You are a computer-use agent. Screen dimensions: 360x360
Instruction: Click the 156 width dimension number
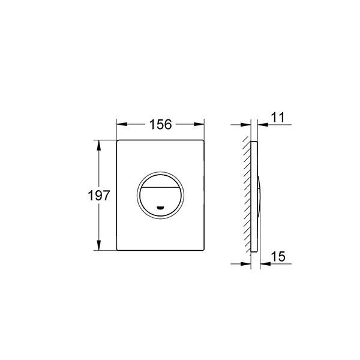tap(160, 124)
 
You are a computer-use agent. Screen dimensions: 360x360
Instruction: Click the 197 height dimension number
tap(99, 196)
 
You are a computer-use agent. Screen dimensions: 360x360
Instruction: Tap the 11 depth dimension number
tap(278, 117)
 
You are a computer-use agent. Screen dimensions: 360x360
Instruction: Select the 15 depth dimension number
tap(278, 256)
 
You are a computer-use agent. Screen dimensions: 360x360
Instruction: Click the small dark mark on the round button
tap(160, 208)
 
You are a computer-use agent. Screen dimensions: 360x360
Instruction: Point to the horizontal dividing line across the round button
tap(160, 187)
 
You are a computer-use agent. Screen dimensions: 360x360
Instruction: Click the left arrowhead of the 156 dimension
tap(122, 124)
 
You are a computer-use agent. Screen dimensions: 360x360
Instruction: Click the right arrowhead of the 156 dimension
tap(199, 124)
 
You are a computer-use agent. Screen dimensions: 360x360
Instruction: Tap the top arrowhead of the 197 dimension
tap(99, 145)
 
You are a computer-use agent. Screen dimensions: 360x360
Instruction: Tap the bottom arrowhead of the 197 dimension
tap(99, 245)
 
